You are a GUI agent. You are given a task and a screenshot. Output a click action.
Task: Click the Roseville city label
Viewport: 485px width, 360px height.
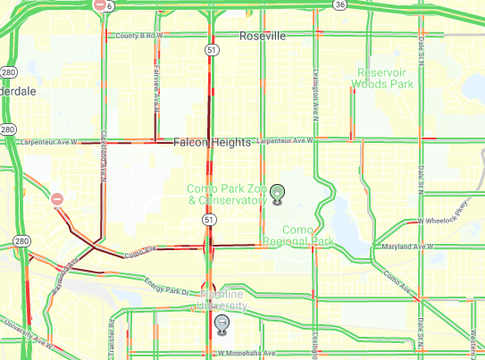tap(263, 36)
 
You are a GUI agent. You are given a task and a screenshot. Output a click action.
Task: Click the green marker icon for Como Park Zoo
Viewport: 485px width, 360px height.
tap(278, 192)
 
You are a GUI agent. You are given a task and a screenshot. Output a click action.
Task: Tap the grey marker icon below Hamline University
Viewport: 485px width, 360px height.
tap(221, 322)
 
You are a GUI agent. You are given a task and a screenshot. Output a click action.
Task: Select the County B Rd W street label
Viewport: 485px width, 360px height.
tap(140, 35)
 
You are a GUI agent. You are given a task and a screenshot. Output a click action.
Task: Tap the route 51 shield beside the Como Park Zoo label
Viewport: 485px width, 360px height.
tap(207, 218)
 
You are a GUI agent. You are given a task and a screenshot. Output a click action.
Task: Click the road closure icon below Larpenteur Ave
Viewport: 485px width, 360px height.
tap(56, 199)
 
